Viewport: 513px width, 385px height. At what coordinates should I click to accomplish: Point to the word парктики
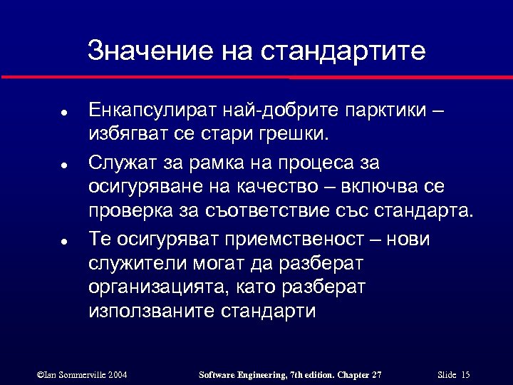[387, 112]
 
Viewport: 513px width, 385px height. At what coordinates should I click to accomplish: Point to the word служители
[135, 264]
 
